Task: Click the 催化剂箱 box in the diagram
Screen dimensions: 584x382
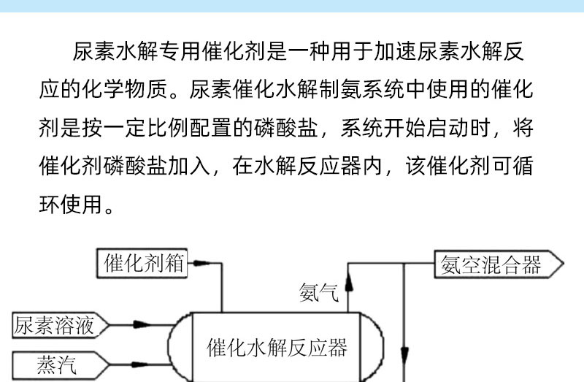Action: coord(142,264)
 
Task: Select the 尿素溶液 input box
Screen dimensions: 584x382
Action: coord(61,325)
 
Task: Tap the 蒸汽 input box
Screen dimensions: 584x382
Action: coord(61,365)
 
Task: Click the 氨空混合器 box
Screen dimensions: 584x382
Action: coord(499,264)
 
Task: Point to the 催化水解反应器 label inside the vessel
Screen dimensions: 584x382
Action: coord(277,348)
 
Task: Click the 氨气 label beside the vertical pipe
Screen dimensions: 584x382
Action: coord(319,293)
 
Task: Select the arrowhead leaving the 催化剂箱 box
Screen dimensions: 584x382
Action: coord(201,263)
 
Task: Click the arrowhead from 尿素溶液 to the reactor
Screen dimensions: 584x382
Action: coord(142,324)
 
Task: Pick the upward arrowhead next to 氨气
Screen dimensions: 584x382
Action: coord(349,283)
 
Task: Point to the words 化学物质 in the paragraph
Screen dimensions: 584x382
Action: coord(125,89)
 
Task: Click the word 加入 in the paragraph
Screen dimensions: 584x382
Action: coord(189,166)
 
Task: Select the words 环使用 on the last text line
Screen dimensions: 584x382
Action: coord(71,205)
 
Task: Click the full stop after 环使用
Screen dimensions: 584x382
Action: coord(109,210)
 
